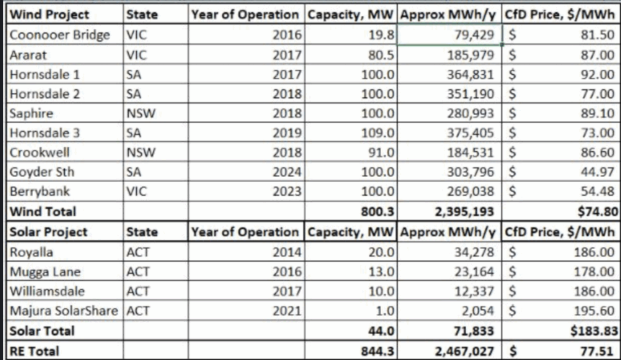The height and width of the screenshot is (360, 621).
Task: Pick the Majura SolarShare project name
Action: [64, 312]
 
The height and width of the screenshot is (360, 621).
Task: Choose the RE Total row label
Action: [34, 351]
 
